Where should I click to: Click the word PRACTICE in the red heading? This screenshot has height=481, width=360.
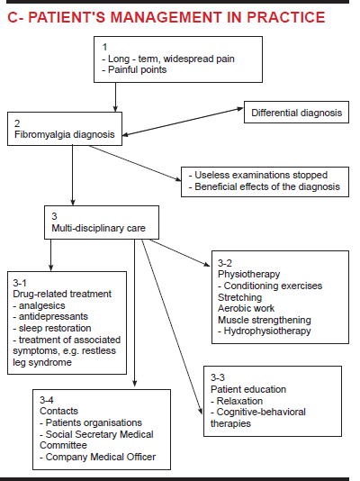286,17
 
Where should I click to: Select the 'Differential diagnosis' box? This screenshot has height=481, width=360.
296,113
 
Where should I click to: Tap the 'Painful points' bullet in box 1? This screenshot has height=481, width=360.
134,70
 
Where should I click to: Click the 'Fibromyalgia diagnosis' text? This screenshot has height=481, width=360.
64,134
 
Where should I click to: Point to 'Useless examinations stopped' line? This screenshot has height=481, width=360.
258,175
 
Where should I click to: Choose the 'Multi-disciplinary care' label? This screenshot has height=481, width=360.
98,228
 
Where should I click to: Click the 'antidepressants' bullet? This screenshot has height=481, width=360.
50,316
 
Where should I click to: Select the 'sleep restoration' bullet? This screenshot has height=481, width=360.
52,328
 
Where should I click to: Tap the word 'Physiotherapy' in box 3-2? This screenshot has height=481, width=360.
248,274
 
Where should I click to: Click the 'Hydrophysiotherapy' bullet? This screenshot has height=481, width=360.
264,331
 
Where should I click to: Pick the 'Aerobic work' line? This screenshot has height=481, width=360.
246,308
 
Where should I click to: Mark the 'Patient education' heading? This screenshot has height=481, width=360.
248,389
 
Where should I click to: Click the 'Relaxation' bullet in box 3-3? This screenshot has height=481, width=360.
237,401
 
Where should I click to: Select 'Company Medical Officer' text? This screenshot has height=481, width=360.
98,457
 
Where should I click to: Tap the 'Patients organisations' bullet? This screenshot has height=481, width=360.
91,422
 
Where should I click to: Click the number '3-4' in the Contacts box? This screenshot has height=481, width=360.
46,400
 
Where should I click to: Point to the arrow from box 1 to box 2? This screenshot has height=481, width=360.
115,97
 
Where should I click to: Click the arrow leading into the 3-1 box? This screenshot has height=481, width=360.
51,255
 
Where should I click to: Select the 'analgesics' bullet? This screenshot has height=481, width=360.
39,305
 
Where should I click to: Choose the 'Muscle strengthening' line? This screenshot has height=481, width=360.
264,320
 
